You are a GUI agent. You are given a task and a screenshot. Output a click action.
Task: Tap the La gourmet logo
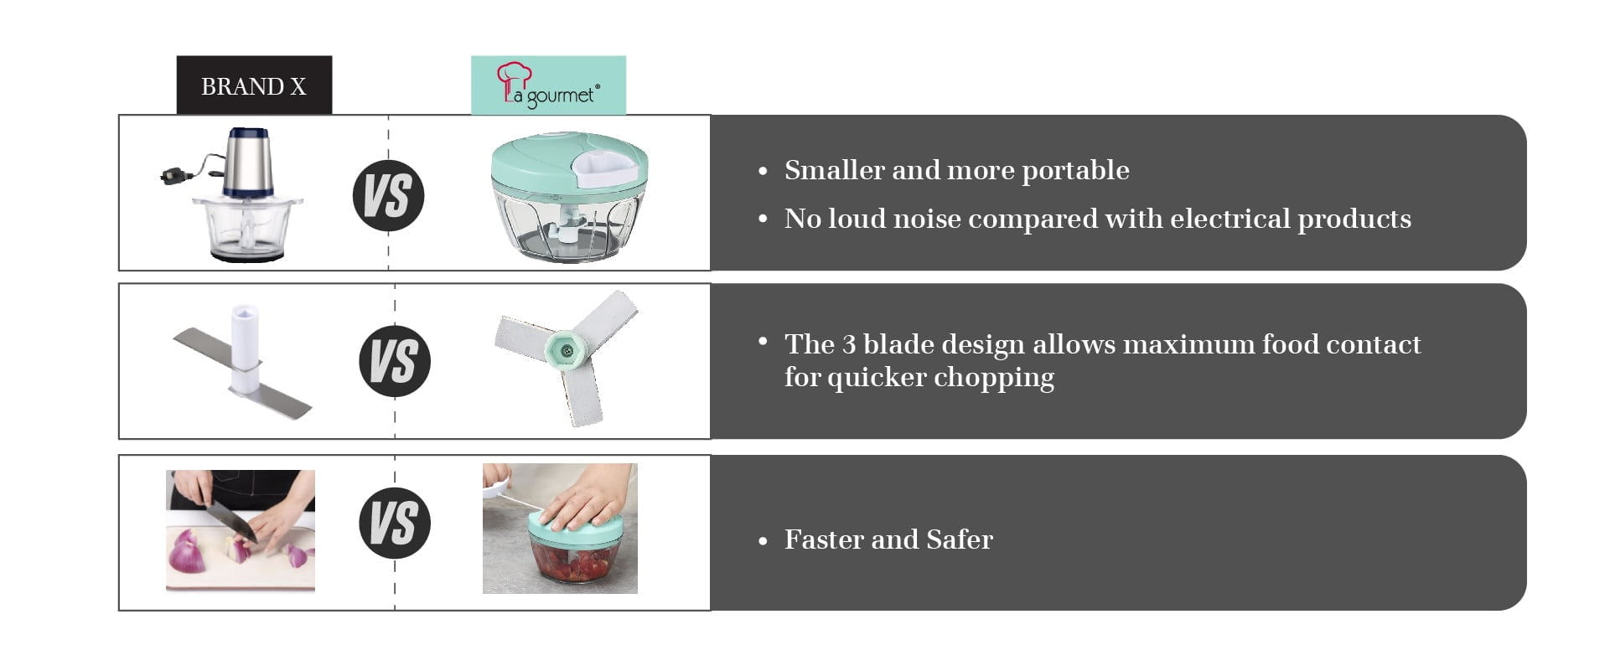(x=548, y=85)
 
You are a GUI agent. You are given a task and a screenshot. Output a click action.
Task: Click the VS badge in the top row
(x=388, y=195)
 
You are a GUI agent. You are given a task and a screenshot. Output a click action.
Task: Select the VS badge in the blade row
(x=395, y=361)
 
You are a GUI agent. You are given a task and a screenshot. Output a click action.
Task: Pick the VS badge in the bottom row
(x=395, y=523)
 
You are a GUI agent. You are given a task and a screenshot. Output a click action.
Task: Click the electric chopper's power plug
(x=173, y=175)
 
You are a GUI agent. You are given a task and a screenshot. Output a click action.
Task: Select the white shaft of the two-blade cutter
(x=245, y=348)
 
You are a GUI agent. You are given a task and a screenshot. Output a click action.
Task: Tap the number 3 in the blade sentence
(x=848, y=344)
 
